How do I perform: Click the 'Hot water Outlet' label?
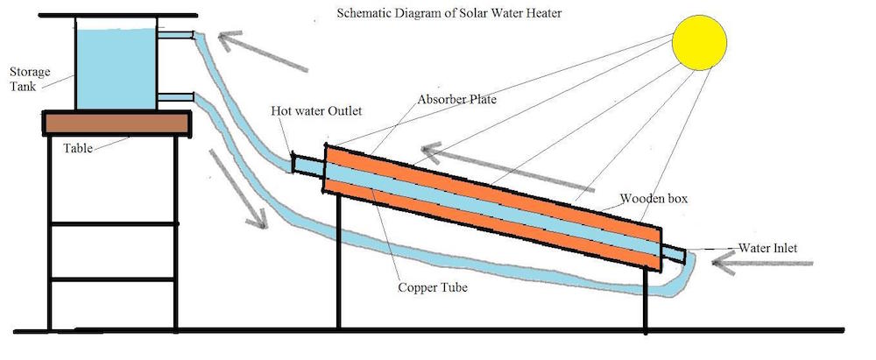[316, 111]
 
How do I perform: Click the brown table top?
[116, 124]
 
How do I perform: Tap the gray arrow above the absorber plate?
[507, 169]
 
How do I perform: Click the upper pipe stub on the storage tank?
[178, 35]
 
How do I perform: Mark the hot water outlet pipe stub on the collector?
[307, 164]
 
